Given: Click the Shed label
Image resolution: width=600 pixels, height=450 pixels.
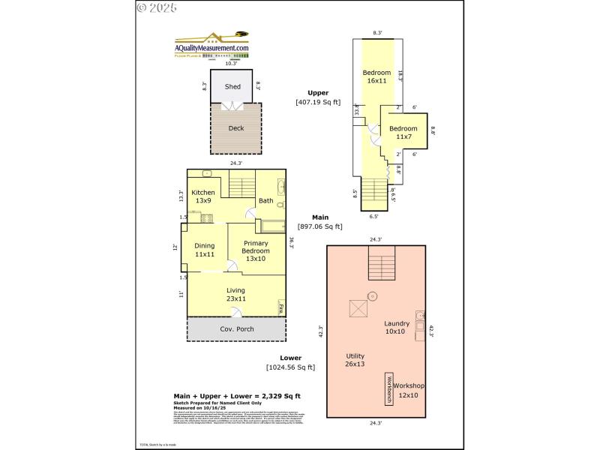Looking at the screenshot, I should pyautogui.click(x=233, y=86).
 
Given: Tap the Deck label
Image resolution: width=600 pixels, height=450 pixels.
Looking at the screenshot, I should pyautogui.click(x=236, y=128).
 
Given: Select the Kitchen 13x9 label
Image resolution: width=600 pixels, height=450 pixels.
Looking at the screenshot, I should pyautogui.click(x=202, y=197).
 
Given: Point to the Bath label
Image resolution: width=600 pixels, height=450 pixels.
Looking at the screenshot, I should pyautogui.click(x=266, y=200).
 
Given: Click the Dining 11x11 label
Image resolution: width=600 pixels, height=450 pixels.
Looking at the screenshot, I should pyautogui.click(x=205, y=250).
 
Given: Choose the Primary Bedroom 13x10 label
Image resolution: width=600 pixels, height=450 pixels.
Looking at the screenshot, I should pyautogui.click(x=256, y=250).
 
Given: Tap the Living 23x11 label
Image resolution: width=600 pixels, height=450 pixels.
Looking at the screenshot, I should pyautogui.click(x=235, y=295).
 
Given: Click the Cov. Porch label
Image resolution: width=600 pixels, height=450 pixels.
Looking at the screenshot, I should pyautogui.click(x=236, y=329).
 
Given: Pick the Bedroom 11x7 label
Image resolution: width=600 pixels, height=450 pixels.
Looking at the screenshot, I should pyautogui.click(x=403, y=133).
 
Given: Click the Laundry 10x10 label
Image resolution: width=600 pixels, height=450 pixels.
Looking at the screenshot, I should pyautogui.click(x=397, y=327).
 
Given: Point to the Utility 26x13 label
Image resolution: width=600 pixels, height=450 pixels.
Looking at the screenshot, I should pyautogui.click(x=355, y=360).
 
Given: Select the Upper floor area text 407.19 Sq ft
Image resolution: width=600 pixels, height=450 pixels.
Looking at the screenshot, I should pyautogui.click(x=318, y=102).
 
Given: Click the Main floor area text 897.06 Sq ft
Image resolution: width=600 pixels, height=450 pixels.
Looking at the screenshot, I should pyautogui.click(x=320, y=226).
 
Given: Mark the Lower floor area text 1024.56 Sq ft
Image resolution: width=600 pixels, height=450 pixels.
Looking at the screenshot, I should pyautogui.click(x=291, y=367).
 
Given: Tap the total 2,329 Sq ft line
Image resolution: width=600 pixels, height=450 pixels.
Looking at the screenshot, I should pyautogui.click(x=238, y=395).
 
